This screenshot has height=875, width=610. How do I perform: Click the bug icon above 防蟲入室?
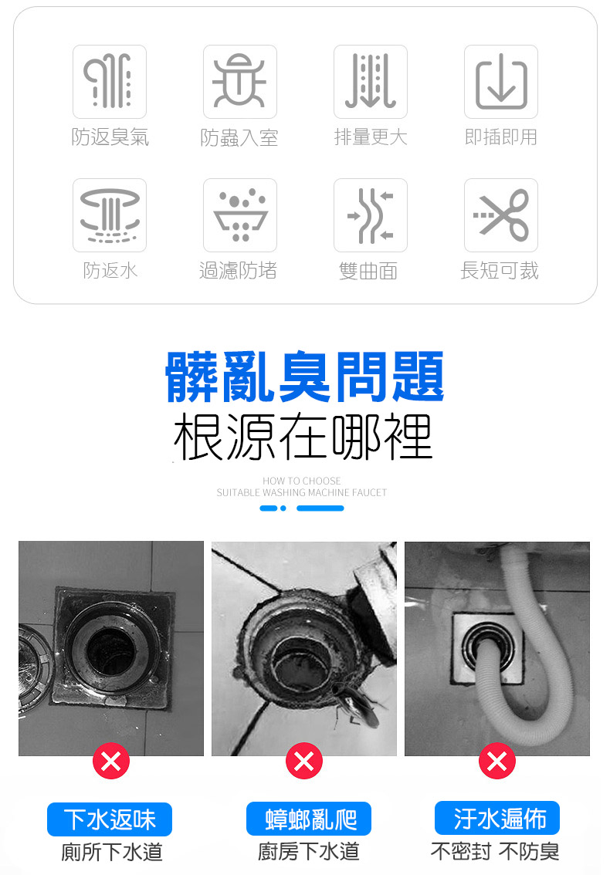(240, 82)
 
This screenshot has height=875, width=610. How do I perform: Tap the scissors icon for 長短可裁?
(501, 215)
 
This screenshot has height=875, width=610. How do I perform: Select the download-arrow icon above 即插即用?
(501, 82)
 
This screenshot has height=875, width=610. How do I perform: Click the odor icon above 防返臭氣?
(110, 82)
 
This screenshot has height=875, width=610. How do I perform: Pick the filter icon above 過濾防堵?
(240, 215)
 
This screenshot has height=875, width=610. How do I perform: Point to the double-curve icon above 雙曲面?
(371, 215)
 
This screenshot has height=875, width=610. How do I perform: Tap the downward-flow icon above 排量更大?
(371, 82)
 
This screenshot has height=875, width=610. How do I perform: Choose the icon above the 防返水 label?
(110, 215)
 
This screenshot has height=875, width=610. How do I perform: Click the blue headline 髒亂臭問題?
(305, 377)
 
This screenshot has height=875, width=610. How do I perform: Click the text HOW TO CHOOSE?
(301, 481)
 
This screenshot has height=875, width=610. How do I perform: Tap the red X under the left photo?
(111, 762)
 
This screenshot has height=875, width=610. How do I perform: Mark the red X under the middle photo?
(304, 762)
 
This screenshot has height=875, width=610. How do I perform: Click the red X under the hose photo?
(497, 762)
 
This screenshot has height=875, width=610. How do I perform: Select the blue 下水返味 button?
(110, 819)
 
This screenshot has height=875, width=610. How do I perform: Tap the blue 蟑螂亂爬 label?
(308, 819)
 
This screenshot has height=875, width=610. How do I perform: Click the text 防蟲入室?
(239, 138)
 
